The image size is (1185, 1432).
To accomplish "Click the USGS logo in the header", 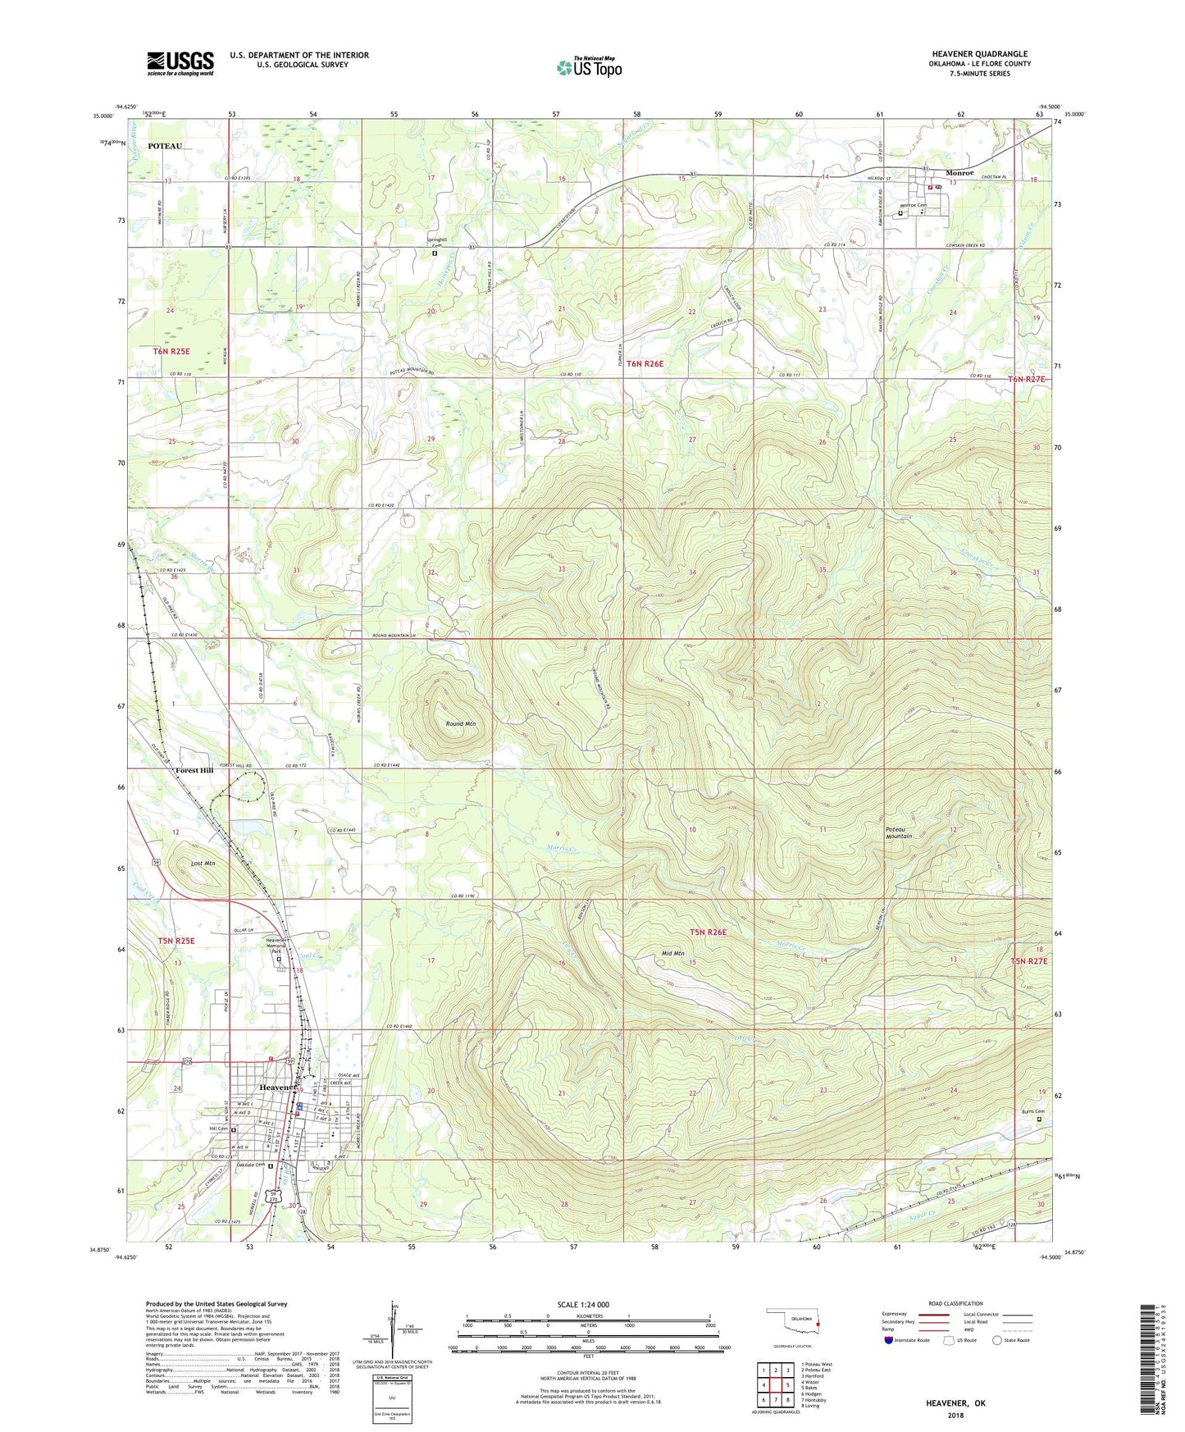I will [x=180, y=63].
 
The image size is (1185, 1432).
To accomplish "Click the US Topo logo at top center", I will [x=589, y=67].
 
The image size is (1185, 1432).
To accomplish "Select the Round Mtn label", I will [x=461, y=724].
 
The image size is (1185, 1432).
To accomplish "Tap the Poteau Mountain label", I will [x=899, y=832].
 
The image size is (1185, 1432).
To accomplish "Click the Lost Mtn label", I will [x=203, y=863].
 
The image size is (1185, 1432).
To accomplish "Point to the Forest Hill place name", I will [x=194, y=771].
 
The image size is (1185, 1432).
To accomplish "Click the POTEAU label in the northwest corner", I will [x=165, y=146].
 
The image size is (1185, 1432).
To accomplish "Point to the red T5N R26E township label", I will [x=708, y=932].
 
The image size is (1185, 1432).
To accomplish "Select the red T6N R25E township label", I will [x=172, y=351].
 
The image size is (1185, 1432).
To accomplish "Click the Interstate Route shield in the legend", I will [x=890, y=1340].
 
